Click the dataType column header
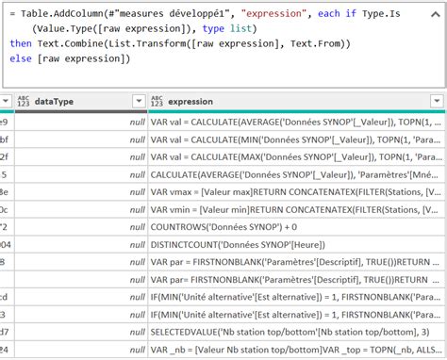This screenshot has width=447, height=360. tap(57, 101)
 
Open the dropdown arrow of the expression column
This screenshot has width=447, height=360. tap(437, 101)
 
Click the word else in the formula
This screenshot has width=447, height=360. tap(22, 59)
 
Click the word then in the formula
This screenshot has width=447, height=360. tap(22, 44)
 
